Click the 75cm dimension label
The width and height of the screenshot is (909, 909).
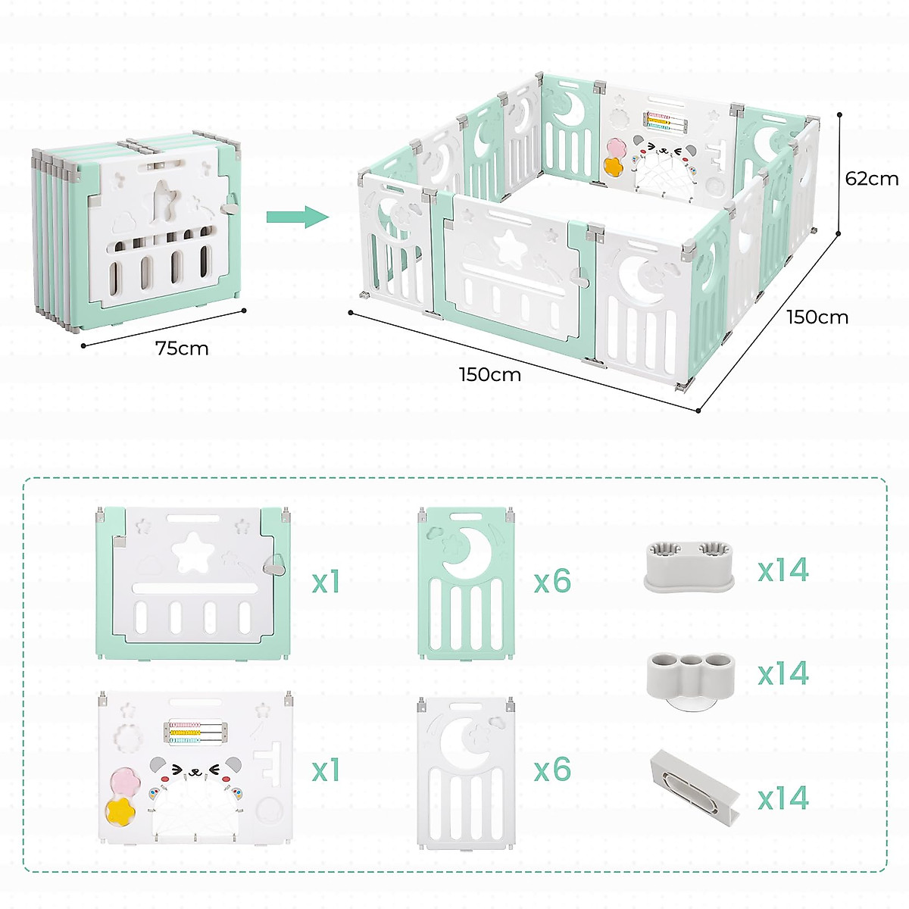pos(182,348)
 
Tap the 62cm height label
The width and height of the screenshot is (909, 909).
pos(872,179)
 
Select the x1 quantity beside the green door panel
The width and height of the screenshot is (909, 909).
pos(326,582)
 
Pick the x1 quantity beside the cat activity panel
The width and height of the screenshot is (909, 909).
pos(326,770)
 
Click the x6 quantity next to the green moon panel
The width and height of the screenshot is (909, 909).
pos(552,582)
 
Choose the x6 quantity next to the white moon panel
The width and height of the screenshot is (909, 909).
pos(552,770)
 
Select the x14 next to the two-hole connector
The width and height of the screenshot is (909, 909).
pos(783,570)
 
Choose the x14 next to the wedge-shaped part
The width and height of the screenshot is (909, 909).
pos(783,798)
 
